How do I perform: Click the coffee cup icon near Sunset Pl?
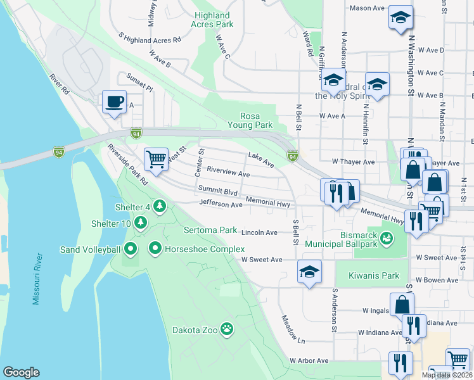pos(114,102)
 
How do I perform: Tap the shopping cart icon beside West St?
pos(156,158)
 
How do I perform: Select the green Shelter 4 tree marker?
pos(159,206)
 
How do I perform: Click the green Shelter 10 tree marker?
pos(140,223)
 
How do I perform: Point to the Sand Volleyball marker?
pos(131,248)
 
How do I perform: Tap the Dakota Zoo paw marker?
pos(226,329)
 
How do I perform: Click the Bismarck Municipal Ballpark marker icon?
pos(386,238)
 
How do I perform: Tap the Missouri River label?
pos(37,279)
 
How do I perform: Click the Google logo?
pos(21,372)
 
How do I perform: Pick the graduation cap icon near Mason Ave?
pos(400,18)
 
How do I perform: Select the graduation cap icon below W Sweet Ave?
pos(309,272)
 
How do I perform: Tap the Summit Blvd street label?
pos(217,190)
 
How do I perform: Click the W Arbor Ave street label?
pos(309,360)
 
